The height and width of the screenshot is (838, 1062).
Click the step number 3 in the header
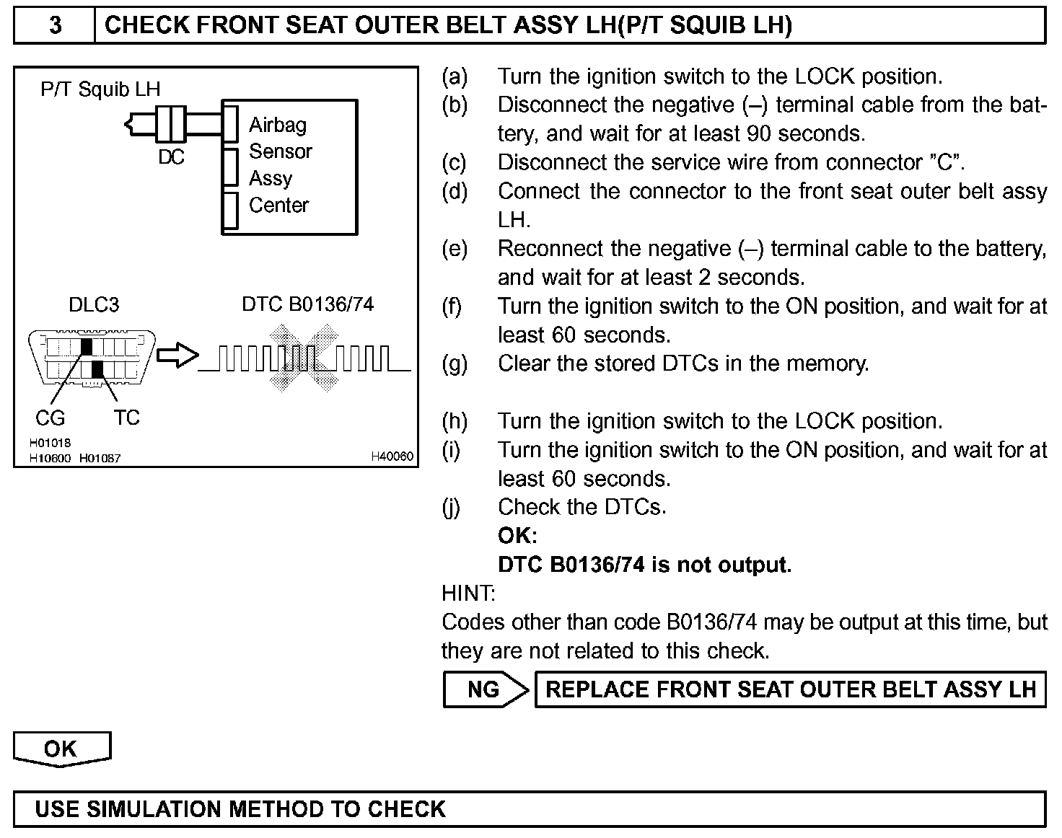[x=55, y=25]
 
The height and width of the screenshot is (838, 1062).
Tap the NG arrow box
[x=485, y=689]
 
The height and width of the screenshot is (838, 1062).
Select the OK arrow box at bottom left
[x=61, y=749]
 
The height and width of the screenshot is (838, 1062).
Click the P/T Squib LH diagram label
[x=100, y=89]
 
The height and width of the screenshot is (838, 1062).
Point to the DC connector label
[x=171, y=156]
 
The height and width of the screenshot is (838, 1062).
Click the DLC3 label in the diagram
[x=94, y=304]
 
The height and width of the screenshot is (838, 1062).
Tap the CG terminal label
[x=50, y=418]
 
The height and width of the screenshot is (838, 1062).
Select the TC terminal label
[x=126, y=418]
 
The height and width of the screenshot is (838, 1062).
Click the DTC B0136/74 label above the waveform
[x=308, y=304]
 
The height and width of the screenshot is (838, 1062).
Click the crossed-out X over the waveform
[x=303, y=358]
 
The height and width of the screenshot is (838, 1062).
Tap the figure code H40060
[x=392, y=457]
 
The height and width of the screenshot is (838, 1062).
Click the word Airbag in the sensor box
[x=278, y=125]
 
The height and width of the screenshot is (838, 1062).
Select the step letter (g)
[x=454, y=363]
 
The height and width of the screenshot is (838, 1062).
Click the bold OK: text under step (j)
[x=517, y=536]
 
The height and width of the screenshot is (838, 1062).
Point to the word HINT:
[x=468, y=594]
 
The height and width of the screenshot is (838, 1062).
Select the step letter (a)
[x=454, y=76]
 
